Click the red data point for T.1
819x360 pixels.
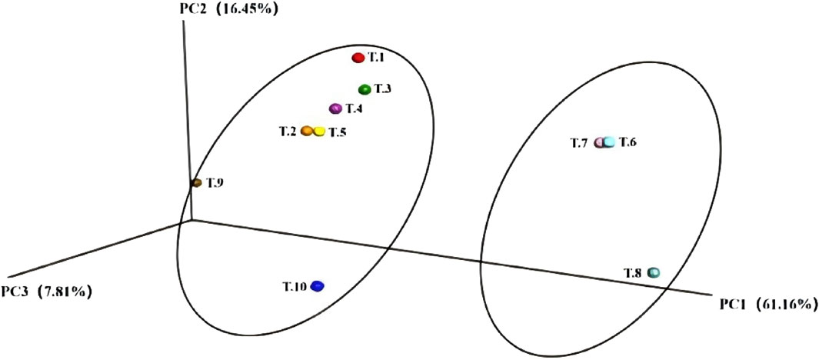click(358, 58)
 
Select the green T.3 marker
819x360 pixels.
click(365, 89)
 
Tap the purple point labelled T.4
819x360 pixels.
click(335, 108)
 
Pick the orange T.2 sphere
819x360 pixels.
click(306, 132)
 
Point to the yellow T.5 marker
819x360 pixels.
click(319, 132)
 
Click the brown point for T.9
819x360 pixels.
click(197, 182)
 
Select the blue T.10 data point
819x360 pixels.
click(318, 286)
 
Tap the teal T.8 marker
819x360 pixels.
click(654, 272)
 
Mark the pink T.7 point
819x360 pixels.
click(600, 142)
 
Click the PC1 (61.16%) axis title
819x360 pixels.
click(766, 304)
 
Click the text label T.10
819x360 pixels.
click(295, 287)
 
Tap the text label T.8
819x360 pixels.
click(634, 272)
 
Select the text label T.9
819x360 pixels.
click(215, 183)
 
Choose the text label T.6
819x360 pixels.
click(628, 142)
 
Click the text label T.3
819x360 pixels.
click(383, 89)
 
